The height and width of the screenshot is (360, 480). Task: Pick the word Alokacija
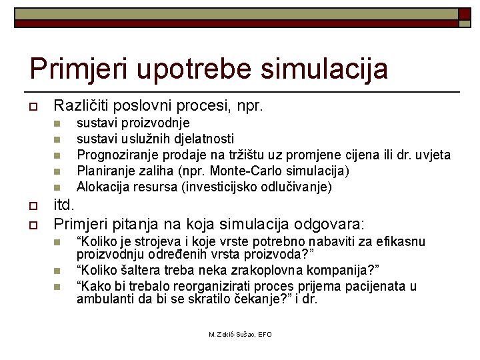[x=103, y=187]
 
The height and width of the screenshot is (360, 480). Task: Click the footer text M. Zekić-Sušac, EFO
[x=240, y=334]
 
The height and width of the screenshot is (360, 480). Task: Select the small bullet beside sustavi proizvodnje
[x=57, y=123]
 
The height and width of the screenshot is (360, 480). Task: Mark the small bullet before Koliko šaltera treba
[x=57, y=271]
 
